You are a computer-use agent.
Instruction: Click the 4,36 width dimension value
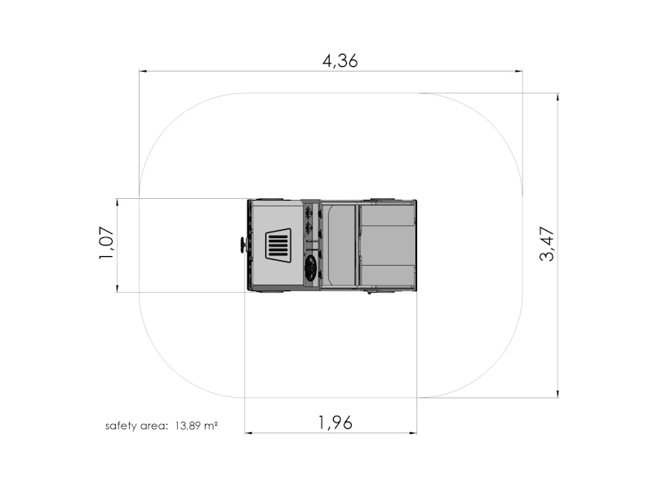(340, 61)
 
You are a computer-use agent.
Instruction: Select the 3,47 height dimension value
(547, 245)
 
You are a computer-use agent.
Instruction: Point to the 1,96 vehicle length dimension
(335, 422)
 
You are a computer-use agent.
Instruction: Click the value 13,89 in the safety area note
(189, 426)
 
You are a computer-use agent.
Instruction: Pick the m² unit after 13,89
(211, 426)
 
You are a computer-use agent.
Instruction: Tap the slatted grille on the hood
(278, 245)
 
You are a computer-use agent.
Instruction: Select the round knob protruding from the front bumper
(242, 245)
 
